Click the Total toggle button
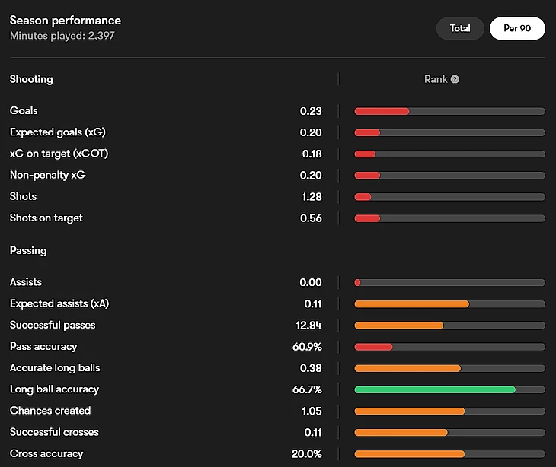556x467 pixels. pyautogui.click(x=460, y=28)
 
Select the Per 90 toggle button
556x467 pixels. pyautogui.click(x=517, y=28)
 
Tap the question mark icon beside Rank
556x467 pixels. pyautogui.click(x=455, y=79)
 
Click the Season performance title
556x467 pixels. pyautogui.click(x=65, y=21)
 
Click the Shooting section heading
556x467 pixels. pyautogui.click(x=31, y=79)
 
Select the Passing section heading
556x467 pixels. pyautogui.click(x=28, y=250)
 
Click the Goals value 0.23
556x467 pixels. pyautogui.click(x=311, y=111)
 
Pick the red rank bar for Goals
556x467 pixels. pyautogui.click(x=382, y=111)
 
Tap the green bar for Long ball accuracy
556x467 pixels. pyautogui.click(x=435, y=389)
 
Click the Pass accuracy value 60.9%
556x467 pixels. pyautogui.click(x=308, y=347)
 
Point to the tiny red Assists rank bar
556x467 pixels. pyautogui.click(x=357, y=283)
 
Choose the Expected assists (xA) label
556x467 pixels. pyautogui.click(x=59, y=304)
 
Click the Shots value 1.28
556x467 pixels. pyautogui.click(x=311, y=197)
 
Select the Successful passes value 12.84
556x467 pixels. pyautogui.click(x=308, y=326)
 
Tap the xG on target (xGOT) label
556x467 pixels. pyautogui.click(x=59, y=154)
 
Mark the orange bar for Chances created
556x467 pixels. pyautogui.click(x=410, y=411)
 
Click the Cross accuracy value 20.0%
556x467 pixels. pyautogui.click(x=308, y=454)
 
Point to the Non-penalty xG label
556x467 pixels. pyautogui.click(x=47, y=175)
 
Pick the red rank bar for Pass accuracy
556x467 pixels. pyautogui.click(x=373, y=347)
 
